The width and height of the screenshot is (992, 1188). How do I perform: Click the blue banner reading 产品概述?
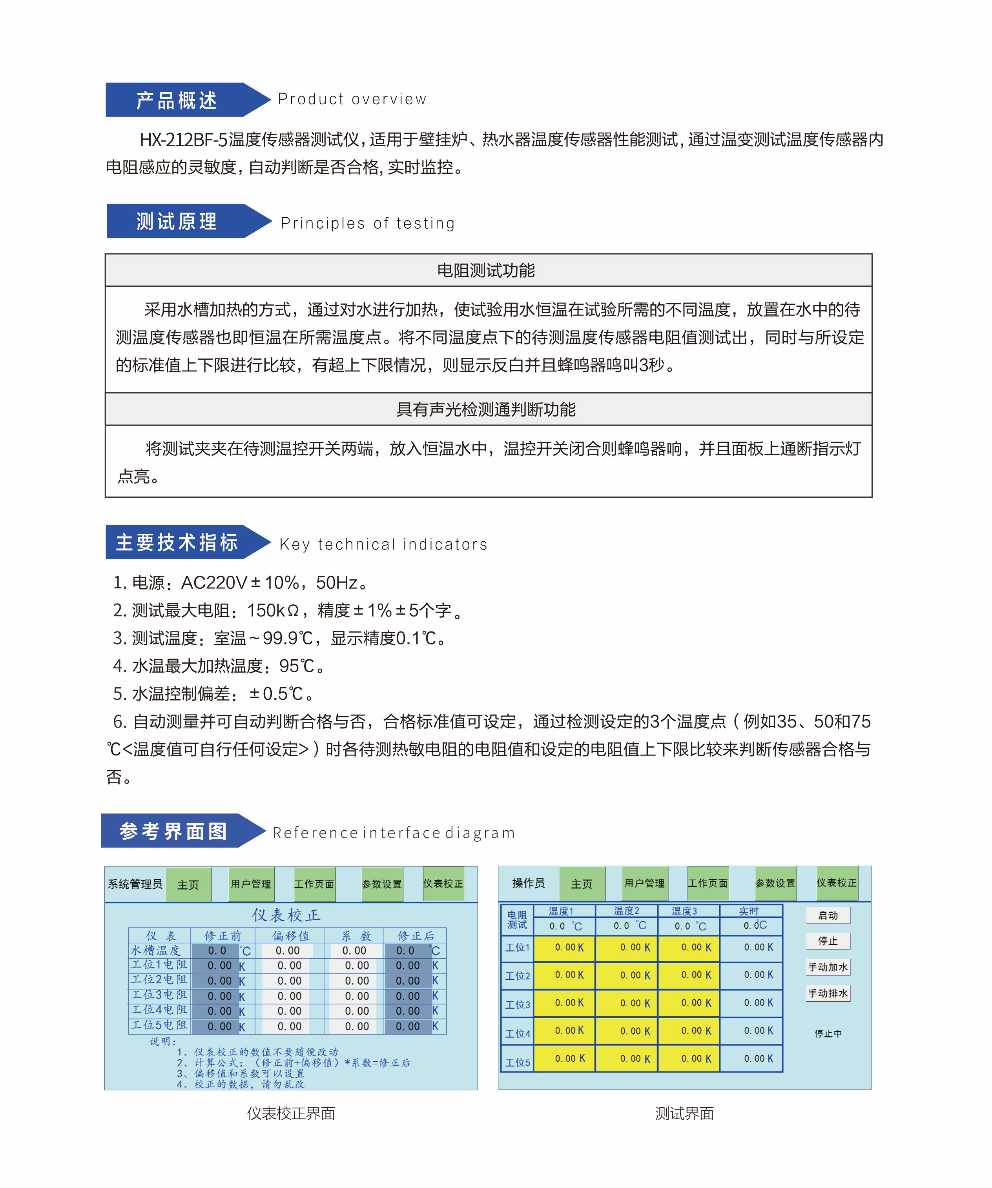[177, 100]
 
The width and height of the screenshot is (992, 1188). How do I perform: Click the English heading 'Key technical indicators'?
[383, 544]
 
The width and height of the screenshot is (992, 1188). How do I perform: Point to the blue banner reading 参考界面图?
[173, 831]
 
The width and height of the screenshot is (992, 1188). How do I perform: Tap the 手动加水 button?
[828, 967]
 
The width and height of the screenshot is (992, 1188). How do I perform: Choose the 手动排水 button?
[828, 993]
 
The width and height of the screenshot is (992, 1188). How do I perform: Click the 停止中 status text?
[828, 1033]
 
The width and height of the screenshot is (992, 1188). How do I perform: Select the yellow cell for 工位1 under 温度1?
[565, 948]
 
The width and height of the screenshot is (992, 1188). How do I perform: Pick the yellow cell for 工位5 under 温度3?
[689, 1059]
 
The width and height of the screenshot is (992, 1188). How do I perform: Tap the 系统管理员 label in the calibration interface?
[135, 884]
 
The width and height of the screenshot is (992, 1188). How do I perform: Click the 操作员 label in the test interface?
[528, 883]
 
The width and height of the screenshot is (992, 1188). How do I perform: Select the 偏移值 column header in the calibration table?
[290, 936]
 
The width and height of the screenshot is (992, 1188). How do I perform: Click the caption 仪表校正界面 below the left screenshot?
[291, 1114]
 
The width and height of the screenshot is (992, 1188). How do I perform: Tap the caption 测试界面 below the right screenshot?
[684, 1114]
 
